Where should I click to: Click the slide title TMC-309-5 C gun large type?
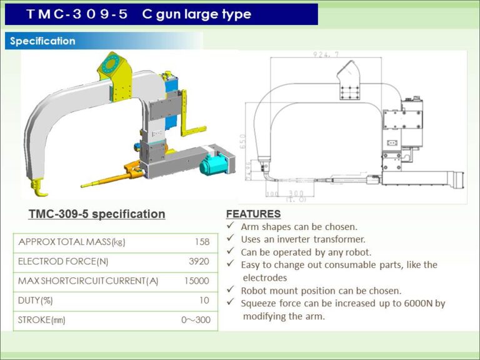point(138,14)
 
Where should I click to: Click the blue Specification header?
point(42,41)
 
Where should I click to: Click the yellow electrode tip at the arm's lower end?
point(39,185)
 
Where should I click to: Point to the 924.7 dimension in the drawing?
point(326,55)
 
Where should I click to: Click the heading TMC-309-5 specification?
point(97,214)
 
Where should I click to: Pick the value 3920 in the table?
point(199,261)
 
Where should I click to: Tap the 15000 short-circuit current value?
point(197,281)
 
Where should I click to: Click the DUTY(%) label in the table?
point(36,301)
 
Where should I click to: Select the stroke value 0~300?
point(196,321)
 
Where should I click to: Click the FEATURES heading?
point(253,214)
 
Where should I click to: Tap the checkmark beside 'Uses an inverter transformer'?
point(231,239)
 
